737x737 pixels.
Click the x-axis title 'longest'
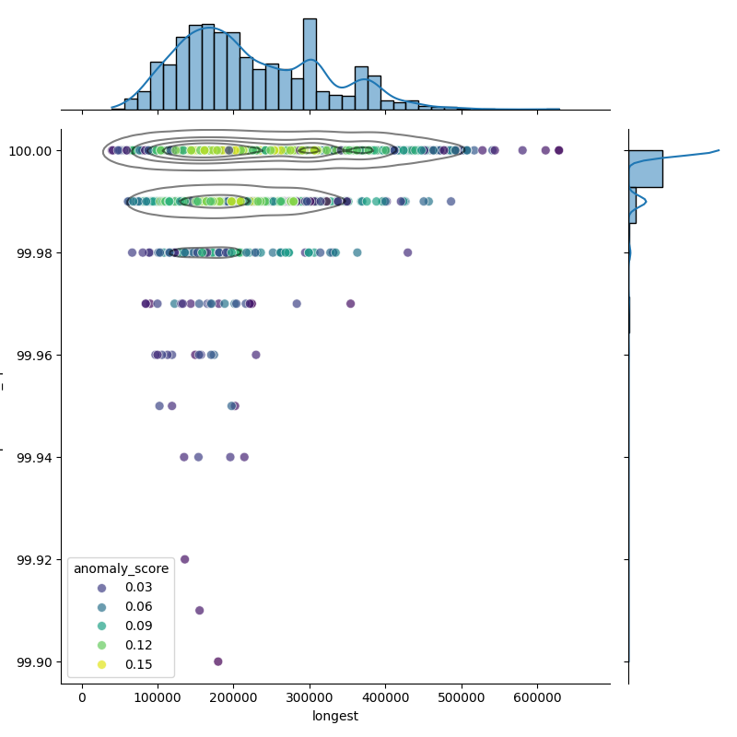pyautogui.click(x=335, y=716)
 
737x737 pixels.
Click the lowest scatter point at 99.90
pyautogui.click(x=218, y=661)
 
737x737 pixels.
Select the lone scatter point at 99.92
pyautogui.click(x=184, y=559)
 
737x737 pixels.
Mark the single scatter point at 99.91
pyautogui.click(x=199, y=610)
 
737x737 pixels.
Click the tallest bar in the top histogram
pyautogui.click(x=310, y=64)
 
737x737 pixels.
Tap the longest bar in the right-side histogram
pyautogui.click(x=645, y=170)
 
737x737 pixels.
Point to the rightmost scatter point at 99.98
pyautogui.click(x=407, y=252)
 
